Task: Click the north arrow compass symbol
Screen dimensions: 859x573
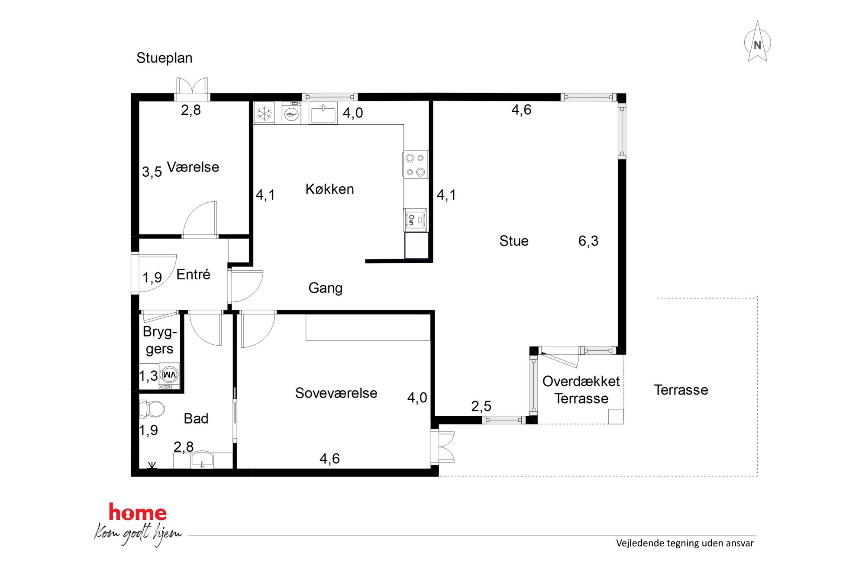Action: (x=757, y=42)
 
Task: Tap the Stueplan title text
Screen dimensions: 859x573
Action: (x=165, y=58)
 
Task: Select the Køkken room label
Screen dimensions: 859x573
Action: (x=329, y=189)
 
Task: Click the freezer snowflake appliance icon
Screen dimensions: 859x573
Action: (x=264, y=113)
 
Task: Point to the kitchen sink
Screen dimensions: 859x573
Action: (x=323, y=113)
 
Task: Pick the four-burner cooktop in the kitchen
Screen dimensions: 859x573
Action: (x=415, y=165)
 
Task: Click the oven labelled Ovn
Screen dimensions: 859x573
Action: (x=415, y=220)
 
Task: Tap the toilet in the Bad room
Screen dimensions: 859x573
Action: (x=152, y=409)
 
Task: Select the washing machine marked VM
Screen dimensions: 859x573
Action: (x=169, y=375)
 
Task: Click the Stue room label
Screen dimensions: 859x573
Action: (x=514, y=241)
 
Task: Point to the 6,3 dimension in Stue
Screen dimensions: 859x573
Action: (x=588, y=241)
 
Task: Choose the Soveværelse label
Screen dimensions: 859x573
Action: (x=336, y=393)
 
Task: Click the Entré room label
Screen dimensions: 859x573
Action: (x=193, y=274)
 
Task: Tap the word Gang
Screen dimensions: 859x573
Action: (x=325, y=288)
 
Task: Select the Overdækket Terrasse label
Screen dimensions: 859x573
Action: (x=581, y=390)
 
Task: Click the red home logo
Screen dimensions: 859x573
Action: (x=138, y=512)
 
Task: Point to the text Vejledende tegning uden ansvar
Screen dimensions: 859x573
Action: (x=685, y=543)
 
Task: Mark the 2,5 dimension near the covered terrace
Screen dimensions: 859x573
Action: (x=481, y=406)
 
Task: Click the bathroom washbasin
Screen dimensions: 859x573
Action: (x=202, y=460)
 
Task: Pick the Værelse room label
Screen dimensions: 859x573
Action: (x=193, y=167)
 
